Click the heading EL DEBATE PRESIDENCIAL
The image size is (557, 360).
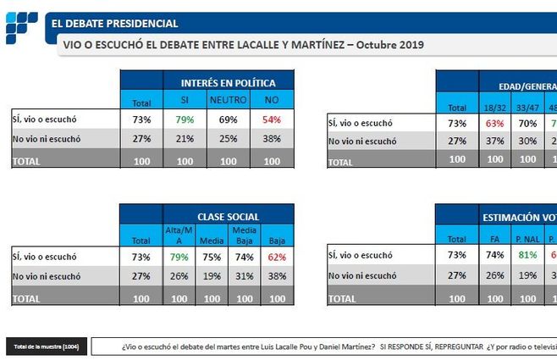click(114, 24)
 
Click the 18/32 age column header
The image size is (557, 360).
click(495, 108)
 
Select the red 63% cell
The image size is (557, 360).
click(495, 124)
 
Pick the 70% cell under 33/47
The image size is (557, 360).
click(528, 124)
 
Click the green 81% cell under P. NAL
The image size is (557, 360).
click(528, 254)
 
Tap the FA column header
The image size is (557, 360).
click(495, 240)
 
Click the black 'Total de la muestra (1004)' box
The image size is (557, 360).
click(46, 347)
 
